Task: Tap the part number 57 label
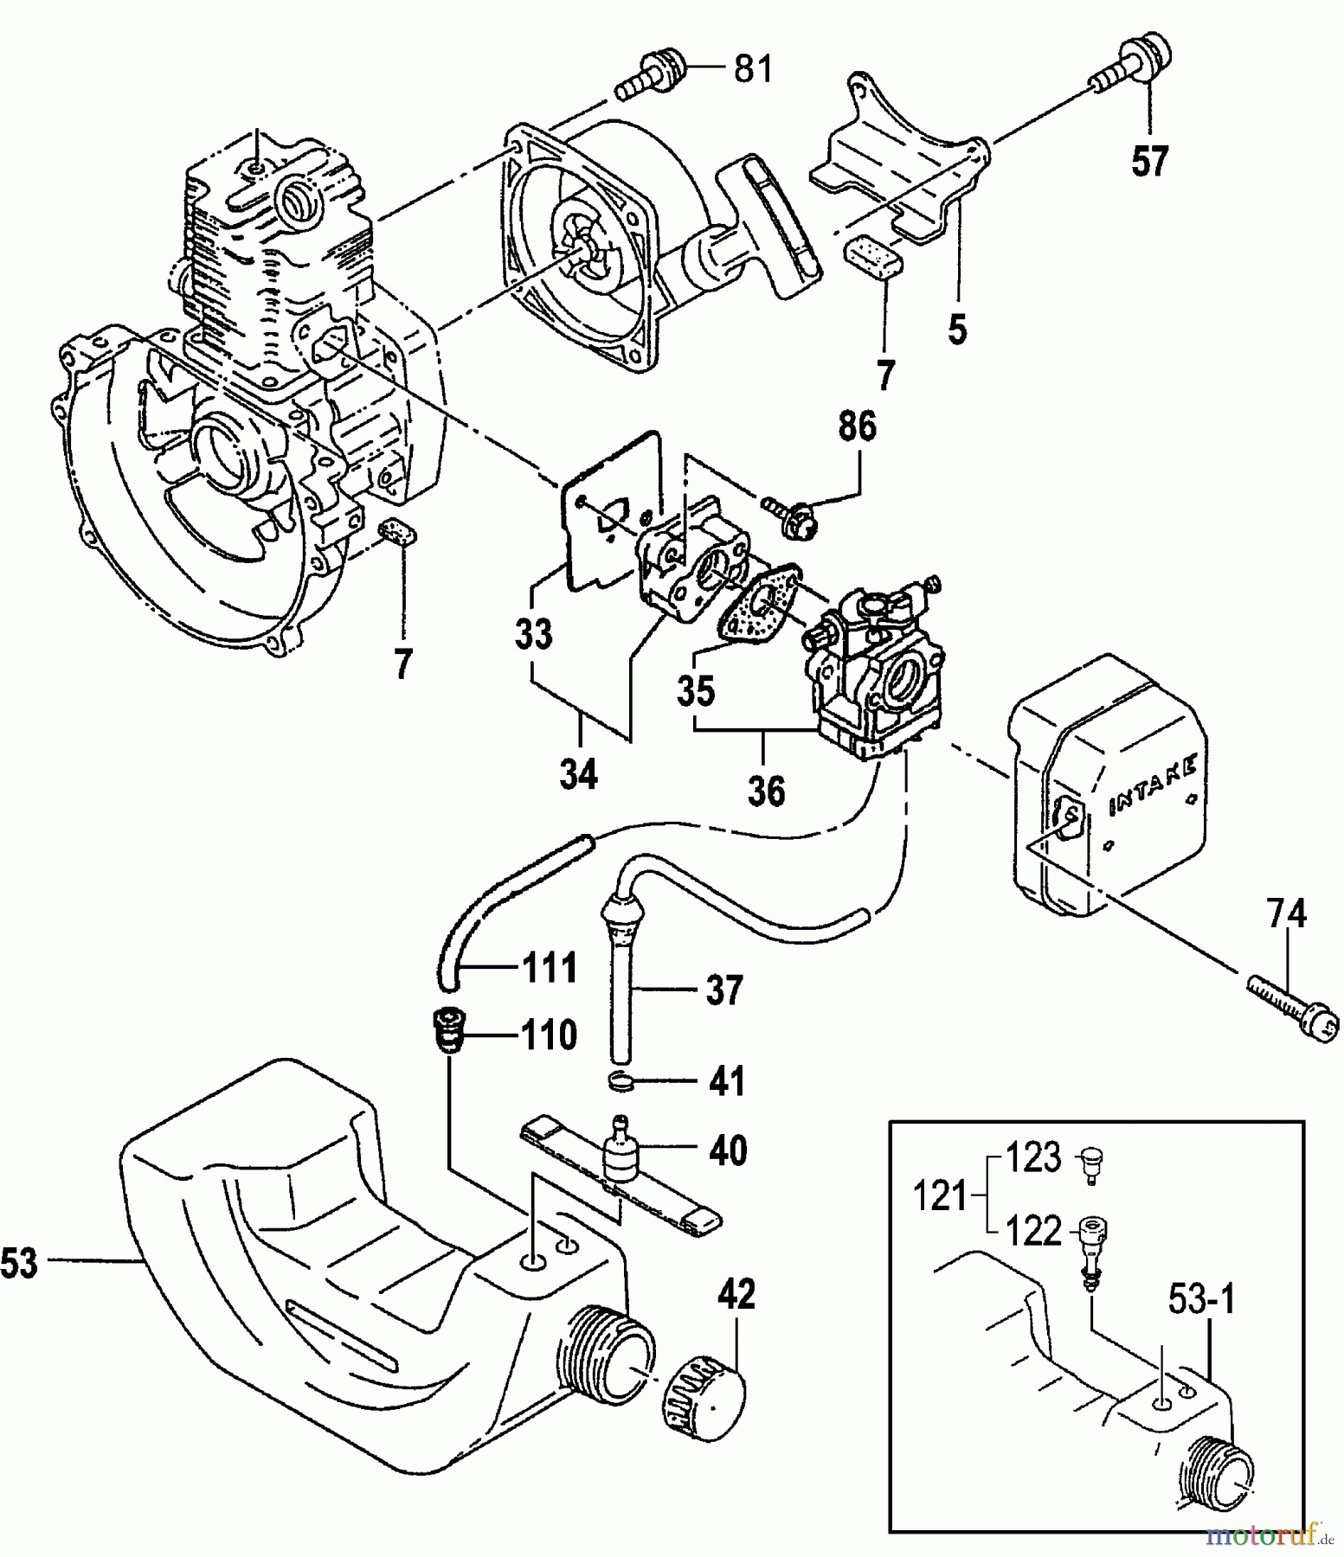pos(1150,161)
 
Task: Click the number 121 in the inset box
pos(941,1197)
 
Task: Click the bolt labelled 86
pos(791,516)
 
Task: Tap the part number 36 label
pos(766,791)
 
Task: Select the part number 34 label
pos(578,773)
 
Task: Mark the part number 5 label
pos(956,330)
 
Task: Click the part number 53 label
pos(20,1264)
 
